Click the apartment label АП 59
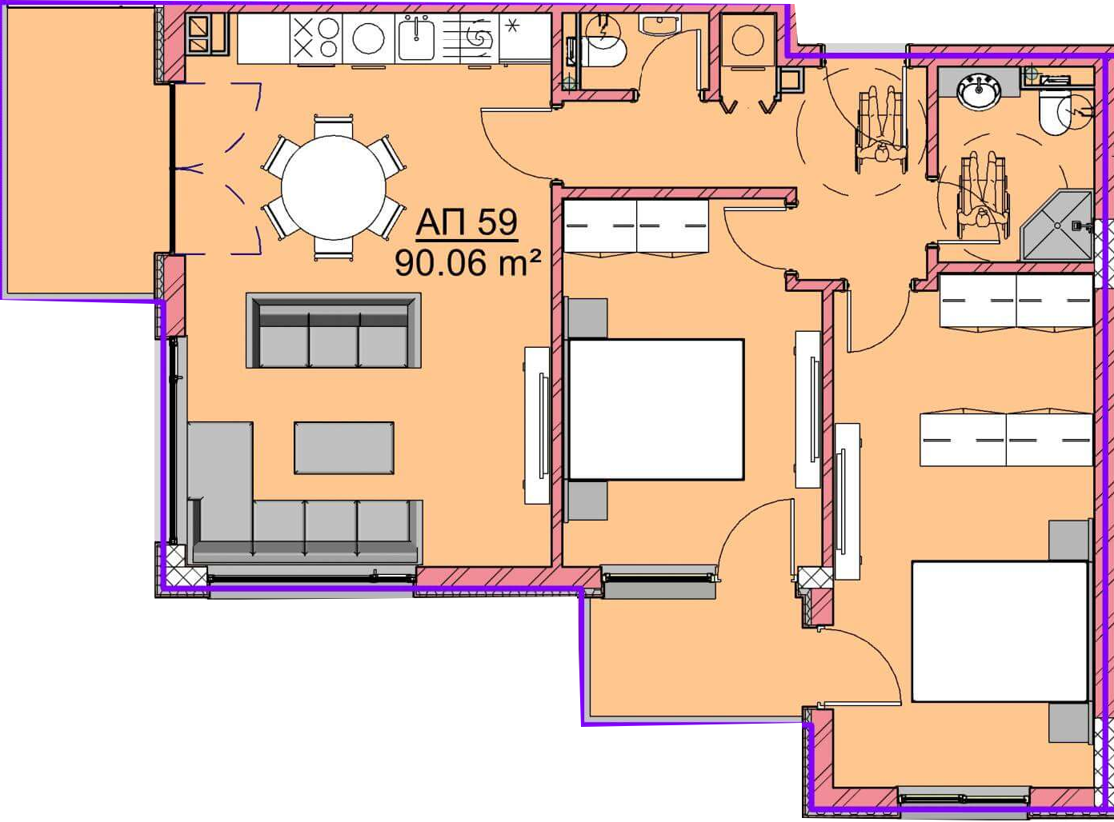point(467,222)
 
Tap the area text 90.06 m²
point(467,263)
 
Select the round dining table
point(334,187)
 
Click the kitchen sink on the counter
point(416,38)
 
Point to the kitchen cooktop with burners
point(316,38)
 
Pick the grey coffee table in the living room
point(344,448)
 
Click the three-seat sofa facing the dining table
point(334,331)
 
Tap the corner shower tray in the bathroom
point(1056,225)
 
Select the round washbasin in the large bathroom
point(979,90)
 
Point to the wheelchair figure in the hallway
point(881,130)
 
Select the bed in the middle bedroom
point(655,409)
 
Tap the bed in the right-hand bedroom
point(1000,632)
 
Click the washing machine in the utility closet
point(747,39)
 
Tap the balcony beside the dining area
point(79,150)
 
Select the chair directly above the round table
point(333,126)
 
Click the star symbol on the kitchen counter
point(512,26)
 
